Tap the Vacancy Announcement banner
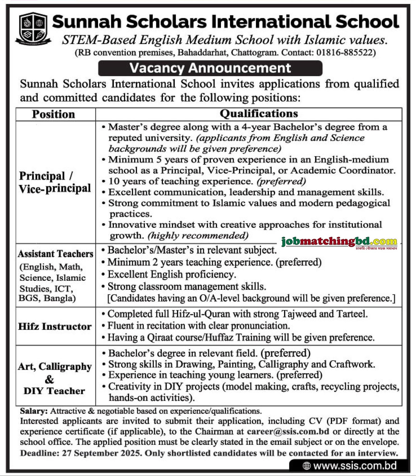click(x=210, y=68)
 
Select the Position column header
click(x=53, y=114)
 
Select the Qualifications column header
click(x=259, y=114)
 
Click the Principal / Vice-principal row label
click(x=55, y=182)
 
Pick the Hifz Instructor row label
click(x=55, y=326)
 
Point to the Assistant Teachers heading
click(x=55, y=254)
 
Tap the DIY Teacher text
click(x=54, y=391)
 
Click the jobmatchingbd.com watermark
click(x=340, y=242)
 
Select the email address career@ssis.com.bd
click(x=288, y=431)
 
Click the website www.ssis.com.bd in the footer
click(x=355, y=465)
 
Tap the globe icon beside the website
click(x=307, y=466)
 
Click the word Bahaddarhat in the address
click(x=203, y=53)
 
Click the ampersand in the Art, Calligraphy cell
click(x=49, y=379)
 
